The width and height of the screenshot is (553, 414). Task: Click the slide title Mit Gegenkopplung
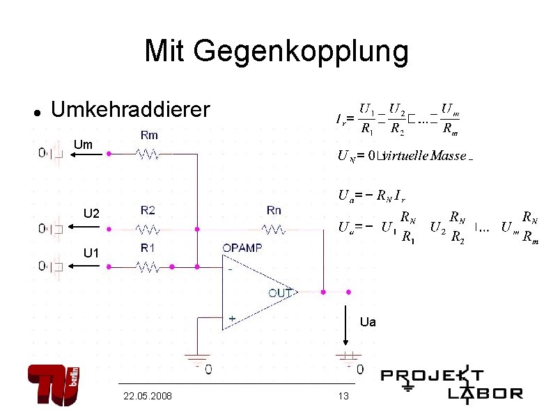pos(276,51)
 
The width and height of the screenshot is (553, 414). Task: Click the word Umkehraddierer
pos(130,109)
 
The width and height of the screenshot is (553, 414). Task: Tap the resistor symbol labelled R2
pos(148,228)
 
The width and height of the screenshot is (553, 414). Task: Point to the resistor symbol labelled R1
pos(148,266)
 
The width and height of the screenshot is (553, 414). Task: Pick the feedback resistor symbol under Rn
pos(274,228)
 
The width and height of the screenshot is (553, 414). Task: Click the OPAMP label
pos(242,248)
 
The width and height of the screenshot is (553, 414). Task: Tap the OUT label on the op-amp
pos(280,292)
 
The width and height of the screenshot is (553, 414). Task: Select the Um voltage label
pos(82,145)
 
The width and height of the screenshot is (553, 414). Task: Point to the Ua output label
pos(368,322)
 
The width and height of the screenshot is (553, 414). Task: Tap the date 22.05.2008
pos(148,396)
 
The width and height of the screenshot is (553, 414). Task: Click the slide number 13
pos(342,396)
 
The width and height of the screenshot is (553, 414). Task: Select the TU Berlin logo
pos(55,384)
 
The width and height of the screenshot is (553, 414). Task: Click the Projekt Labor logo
pos(451,383)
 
